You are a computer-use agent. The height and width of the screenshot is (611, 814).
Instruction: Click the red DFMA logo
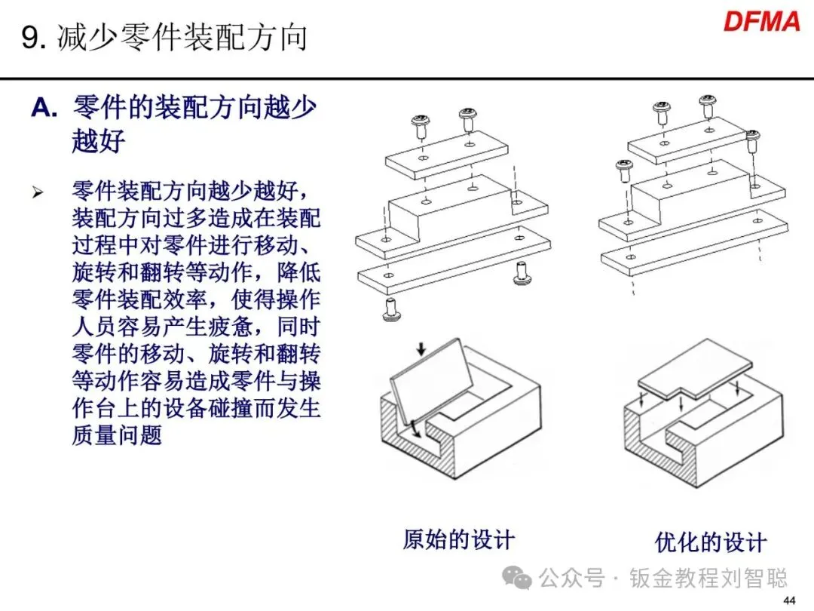[761, 21]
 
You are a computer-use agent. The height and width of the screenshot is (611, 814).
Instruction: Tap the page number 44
[790, 600]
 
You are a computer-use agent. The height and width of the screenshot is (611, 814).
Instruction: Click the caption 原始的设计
[458, 539]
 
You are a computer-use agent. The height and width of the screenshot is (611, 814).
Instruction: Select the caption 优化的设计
[710, 542]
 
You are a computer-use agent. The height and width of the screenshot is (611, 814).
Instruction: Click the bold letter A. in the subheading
[44, 109]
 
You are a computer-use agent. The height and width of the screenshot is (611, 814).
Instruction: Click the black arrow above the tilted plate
[421, 348]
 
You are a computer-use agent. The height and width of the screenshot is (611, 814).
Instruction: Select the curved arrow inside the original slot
[413, 432]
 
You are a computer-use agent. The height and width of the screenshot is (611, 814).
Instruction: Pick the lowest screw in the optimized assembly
[623, 172]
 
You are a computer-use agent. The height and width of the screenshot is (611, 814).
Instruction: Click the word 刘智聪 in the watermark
[760, 579]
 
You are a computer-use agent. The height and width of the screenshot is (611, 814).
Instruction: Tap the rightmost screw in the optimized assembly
[752, 141]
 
